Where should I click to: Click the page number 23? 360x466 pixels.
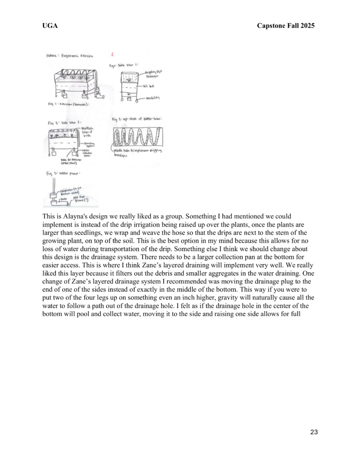[314, 432]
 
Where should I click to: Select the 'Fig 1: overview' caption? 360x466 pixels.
[68, 104]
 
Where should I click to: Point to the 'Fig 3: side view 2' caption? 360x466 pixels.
[63, 122]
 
